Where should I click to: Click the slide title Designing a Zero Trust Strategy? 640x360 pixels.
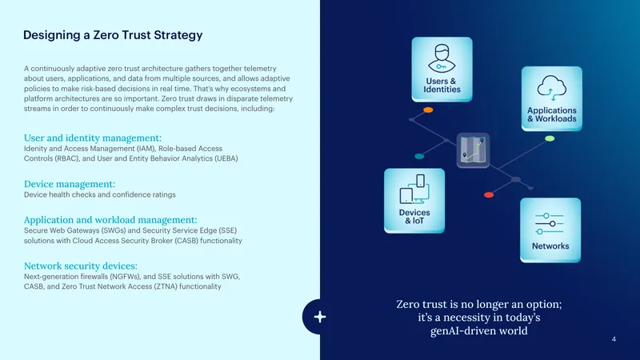coord(113,35)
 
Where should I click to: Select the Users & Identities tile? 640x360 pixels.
coord(442,70)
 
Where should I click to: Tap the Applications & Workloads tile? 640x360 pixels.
coord(552,98)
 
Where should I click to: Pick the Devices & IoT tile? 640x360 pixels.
coord(414,201)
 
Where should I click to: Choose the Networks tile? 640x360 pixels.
coord(550,230)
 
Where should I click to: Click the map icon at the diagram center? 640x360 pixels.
coord(473,150)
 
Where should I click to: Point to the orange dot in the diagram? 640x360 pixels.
coord(428,110)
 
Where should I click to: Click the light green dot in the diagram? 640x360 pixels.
coord(550,138)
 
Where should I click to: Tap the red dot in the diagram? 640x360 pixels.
coord(489,194)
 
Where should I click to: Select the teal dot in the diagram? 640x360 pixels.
coord(419,156)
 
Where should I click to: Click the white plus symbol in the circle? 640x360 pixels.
coord(319,317)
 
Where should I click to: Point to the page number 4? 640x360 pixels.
coord(614,339)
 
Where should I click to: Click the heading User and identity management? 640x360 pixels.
coord(93,138)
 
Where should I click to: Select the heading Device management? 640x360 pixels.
coord(70,184)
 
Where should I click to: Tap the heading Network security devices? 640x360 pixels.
coord(81,266)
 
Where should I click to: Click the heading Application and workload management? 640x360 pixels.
coord(110,219)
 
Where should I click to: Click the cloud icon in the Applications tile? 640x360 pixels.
coord(552,88)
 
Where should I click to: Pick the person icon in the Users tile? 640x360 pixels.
coord(442,58)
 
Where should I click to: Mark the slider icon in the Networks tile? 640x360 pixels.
coord(550,224)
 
